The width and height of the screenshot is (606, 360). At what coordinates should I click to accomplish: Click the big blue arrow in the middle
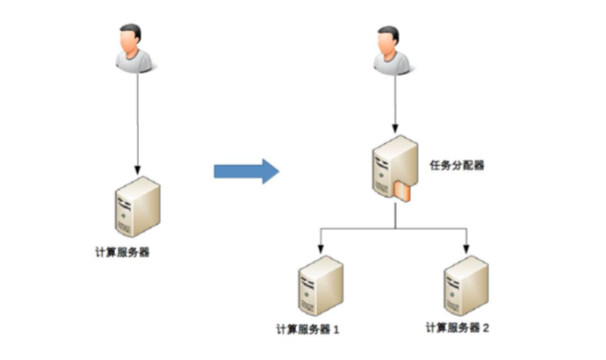(x=246, y=169)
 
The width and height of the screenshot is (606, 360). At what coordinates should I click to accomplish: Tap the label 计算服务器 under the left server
(x=122, y=252)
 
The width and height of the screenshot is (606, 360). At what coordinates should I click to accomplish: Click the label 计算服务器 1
(x=307, y=328)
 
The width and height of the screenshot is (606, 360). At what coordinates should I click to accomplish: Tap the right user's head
(x=389, y=40)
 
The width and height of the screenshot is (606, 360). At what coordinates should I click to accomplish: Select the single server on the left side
(x=136, y=206)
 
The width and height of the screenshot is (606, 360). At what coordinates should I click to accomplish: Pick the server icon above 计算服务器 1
(x=319, y=285)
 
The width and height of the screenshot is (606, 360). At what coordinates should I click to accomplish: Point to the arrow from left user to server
(x=136, y=123)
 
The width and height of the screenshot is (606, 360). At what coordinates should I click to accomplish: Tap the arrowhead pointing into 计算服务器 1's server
(x=319, y=246)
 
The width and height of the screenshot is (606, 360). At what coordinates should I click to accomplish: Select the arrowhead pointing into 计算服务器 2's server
(x=466, y=246)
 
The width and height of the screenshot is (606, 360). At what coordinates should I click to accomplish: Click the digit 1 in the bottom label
(x=336, y=329)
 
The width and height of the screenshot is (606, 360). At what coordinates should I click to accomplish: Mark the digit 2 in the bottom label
(x=486, y=328)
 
